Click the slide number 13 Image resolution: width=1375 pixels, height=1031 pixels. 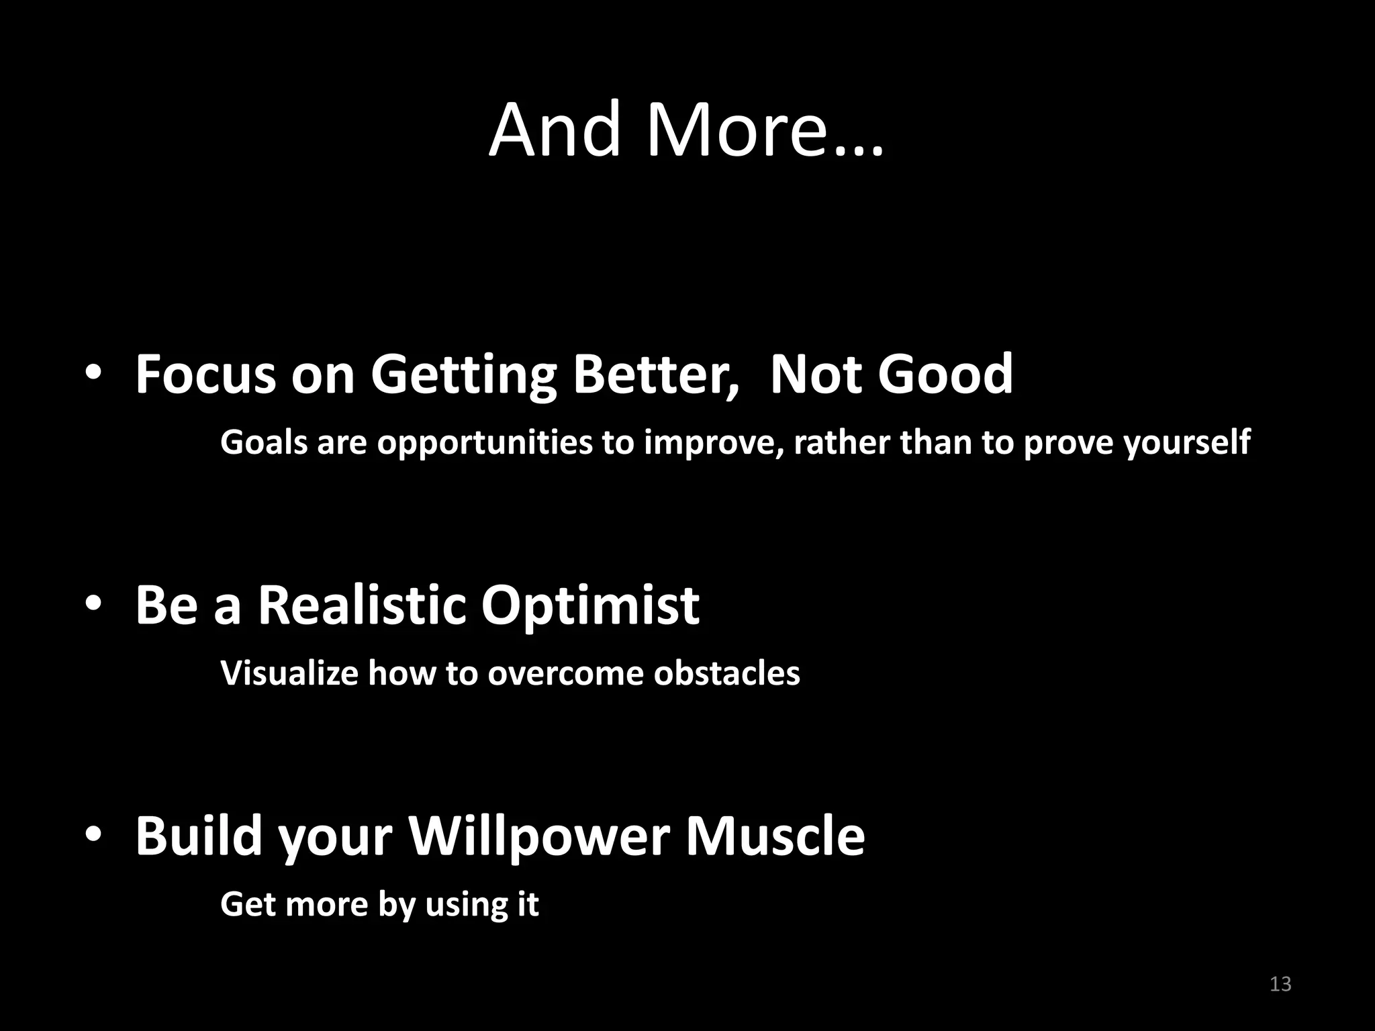point(1280,984)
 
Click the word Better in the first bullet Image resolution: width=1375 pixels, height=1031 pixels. point(656,375)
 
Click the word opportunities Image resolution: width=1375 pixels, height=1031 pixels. point(485,443)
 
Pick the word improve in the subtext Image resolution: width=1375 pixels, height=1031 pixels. point(713,443)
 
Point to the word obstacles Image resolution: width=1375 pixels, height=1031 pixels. point(726,673)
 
